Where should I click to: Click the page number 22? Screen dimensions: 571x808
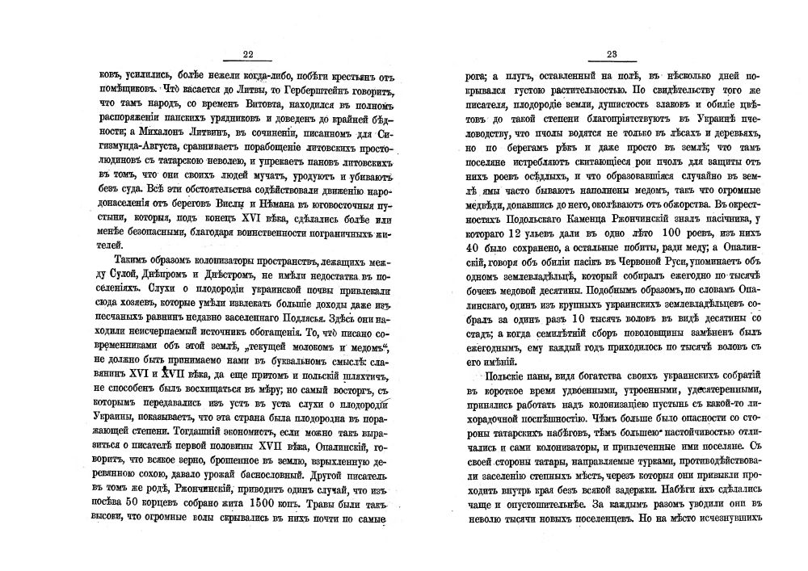click(248, 54)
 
